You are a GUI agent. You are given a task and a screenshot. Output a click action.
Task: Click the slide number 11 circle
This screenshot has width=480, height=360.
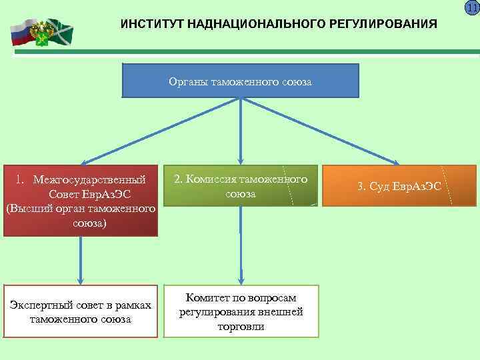(472, 7)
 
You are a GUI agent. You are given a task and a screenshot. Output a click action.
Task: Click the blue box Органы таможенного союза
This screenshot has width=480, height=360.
(241, 80)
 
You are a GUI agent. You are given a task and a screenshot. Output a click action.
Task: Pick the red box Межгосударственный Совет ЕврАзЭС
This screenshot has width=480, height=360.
(81, 201)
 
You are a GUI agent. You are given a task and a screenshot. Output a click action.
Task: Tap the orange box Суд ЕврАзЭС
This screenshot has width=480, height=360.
(399, 185)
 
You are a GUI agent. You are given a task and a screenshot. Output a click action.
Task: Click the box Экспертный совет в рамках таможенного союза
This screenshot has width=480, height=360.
(81, 312)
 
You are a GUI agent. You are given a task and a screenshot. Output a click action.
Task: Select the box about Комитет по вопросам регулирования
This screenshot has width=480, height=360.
(241, 312)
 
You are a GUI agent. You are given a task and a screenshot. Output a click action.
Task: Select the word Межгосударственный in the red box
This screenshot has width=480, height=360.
(90, 180)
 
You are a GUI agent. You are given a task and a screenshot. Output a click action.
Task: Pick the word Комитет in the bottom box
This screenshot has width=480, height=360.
(205, 297)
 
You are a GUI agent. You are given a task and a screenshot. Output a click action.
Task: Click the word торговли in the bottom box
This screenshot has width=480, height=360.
(241, 327)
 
